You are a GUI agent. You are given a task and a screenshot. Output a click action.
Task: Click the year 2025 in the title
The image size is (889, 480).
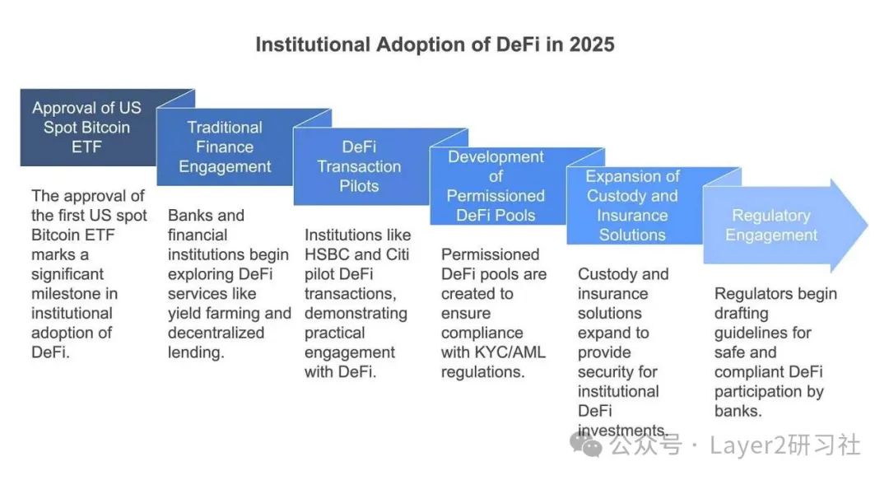point(589,44)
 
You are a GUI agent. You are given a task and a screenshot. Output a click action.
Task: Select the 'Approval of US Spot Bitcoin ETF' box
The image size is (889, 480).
point(86,128)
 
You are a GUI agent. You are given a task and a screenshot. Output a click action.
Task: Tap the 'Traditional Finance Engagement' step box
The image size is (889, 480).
point(224,147)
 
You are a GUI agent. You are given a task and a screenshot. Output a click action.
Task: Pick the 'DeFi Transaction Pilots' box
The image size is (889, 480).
point(359,166)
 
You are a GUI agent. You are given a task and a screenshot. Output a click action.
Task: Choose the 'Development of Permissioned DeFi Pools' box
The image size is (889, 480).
point(496,186)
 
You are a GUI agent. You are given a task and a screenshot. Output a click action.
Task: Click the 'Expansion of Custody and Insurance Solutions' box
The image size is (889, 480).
point(632,206)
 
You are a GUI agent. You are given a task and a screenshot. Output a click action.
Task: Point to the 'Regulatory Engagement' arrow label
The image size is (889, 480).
point(770,226)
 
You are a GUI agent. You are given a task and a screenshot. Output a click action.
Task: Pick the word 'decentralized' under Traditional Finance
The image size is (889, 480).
point(216,333)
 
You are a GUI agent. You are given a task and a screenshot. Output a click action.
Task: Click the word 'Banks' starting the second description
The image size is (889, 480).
point(189,216)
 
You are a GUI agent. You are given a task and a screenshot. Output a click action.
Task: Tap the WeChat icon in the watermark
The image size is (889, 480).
point(590,445)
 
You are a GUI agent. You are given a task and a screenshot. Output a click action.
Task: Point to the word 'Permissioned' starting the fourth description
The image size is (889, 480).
point(490,254)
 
